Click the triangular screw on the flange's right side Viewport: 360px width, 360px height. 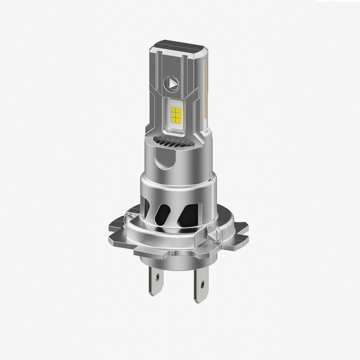pyautogui.click(x=215, y=233)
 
